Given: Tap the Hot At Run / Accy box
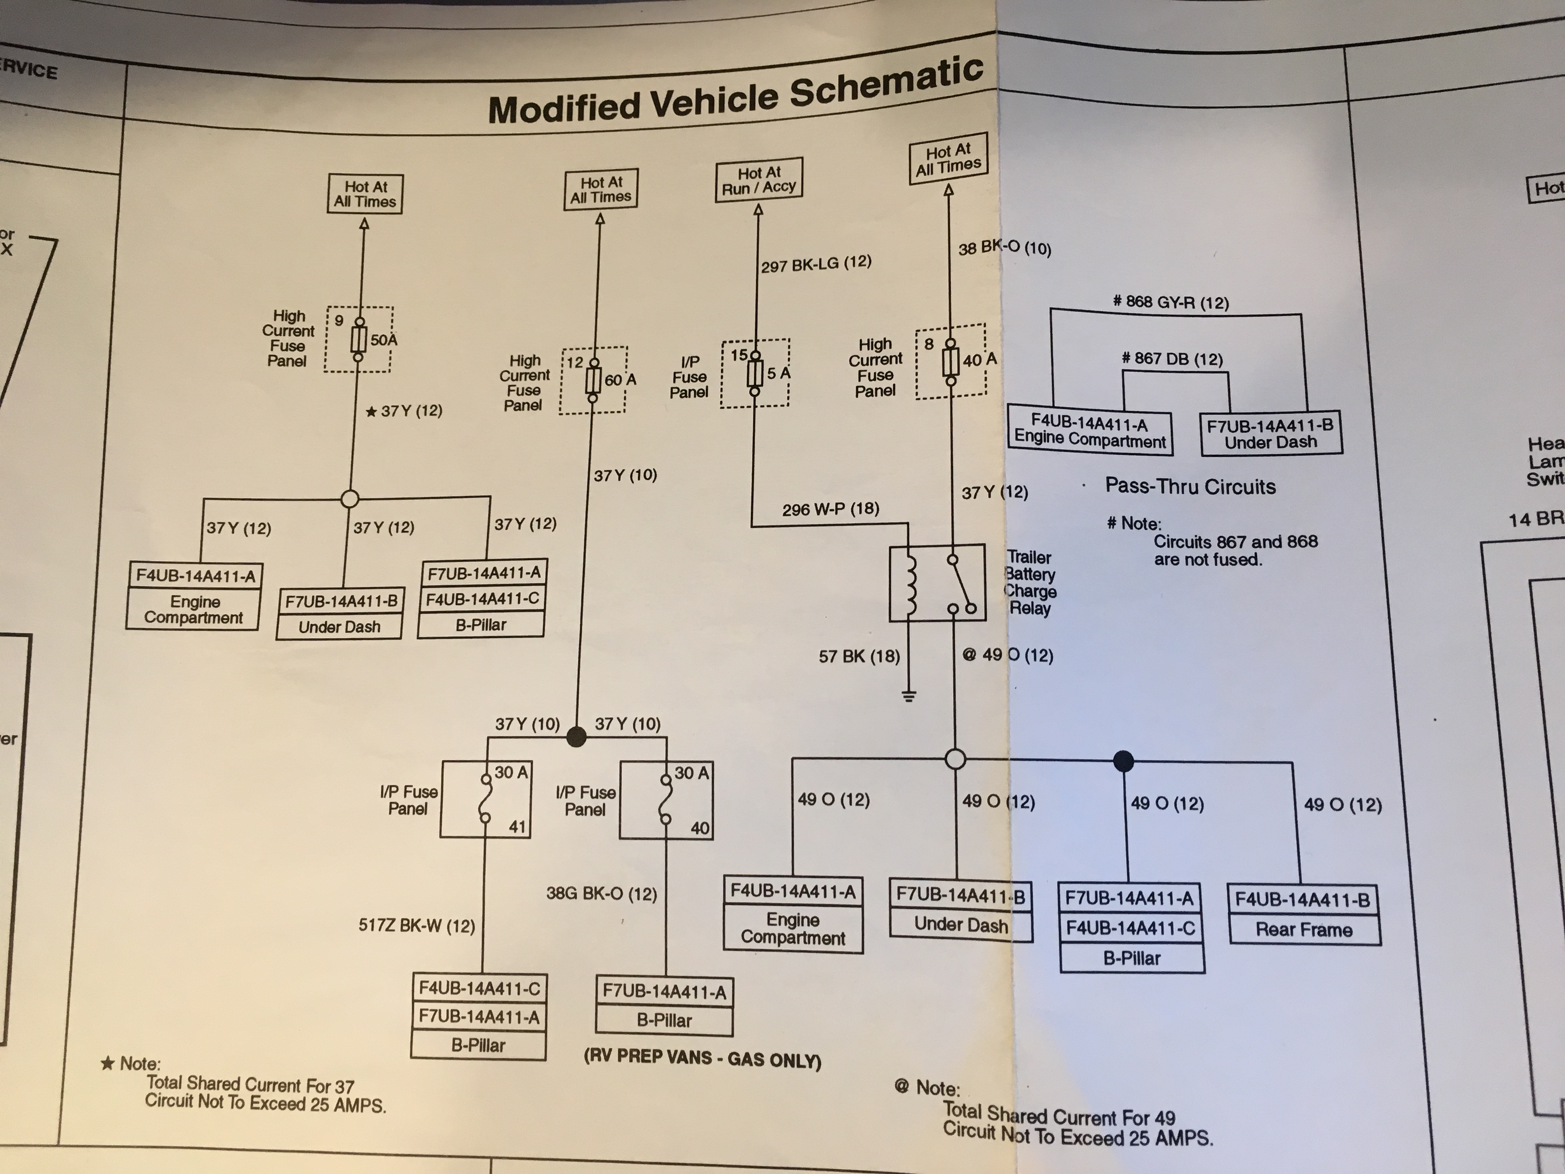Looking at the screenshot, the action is coord(758,180).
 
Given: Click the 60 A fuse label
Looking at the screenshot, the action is coord(621,380).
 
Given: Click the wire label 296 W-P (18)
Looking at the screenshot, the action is coord(831,509).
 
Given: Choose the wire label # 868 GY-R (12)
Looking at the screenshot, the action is coord(1170,302).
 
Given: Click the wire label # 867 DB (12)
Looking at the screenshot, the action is coord(1172,359).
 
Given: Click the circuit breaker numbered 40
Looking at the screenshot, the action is coord(666,801).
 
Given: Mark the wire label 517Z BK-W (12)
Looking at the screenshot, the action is coord(417,926).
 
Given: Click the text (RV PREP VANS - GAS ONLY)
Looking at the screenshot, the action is coord(702,1059).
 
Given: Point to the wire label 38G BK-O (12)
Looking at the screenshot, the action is coord(601,894).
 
